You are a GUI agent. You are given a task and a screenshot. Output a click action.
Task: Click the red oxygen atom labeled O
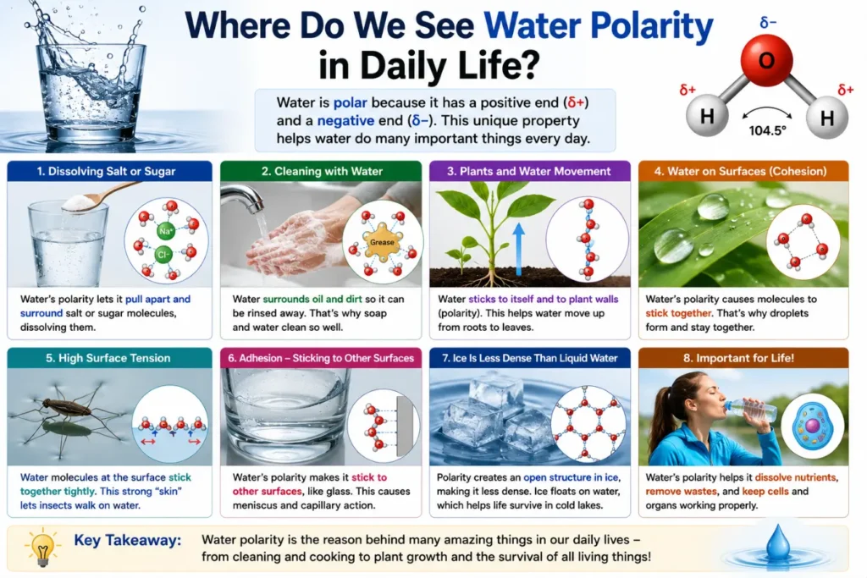[766, 60]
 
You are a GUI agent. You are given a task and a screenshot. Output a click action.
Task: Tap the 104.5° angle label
[767, 130]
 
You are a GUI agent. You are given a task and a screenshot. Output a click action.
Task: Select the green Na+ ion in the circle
[166, 230]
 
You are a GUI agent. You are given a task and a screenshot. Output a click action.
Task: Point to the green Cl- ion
[163, 255]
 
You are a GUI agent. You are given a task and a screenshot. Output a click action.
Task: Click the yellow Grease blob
[382, 241]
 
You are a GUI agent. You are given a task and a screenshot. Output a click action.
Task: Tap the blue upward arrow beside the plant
[519, 249]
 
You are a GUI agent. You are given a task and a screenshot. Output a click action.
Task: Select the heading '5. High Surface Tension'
[108, 358]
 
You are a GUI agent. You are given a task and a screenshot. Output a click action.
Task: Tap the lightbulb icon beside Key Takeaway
[42, 547]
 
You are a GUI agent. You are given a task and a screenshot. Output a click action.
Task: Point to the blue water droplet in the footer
[778, 542]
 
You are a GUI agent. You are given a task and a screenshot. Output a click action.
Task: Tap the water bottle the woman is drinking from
[753, 410]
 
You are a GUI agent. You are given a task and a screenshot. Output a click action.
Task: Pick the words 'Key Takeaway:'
[128, 540]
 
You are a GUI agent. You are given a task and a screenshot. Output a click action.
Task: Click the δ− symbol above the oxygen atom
[768, 23]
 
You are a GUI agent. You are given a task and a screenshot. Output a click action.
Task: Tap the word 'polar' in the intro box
[350, 102]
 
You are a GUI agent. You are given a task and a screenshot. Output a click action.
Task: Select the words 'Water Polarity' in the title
[599, 26]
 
